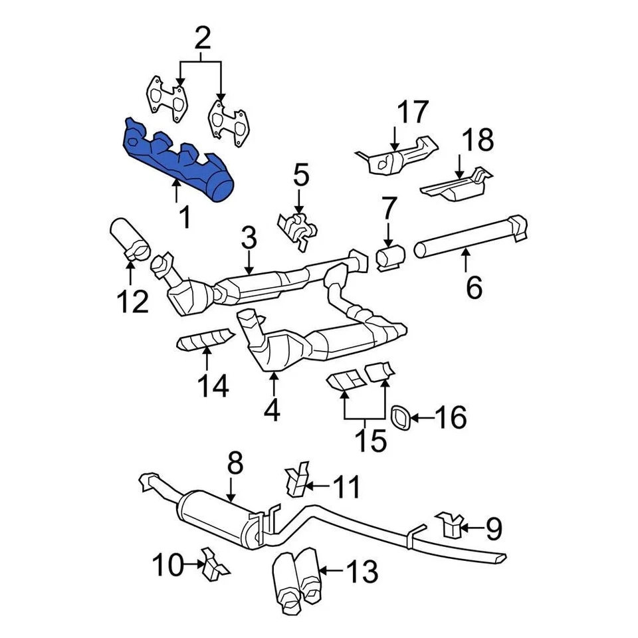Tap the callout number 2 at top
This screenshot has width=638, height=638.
(x=202, y=39)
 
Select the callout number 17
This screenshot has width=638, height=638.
(x=413, y=114)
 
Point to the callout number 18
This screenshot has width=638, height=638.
(x=478, y=141)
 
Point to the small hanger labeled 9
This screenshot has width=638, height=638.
(x=449, y=527)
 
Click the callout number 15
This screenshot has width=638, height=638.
(x=370, y=439)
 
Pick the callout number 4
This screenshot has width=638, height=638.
(x=271, y=409)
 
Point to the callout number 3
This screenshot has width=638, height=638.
(x=249, y=237)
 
